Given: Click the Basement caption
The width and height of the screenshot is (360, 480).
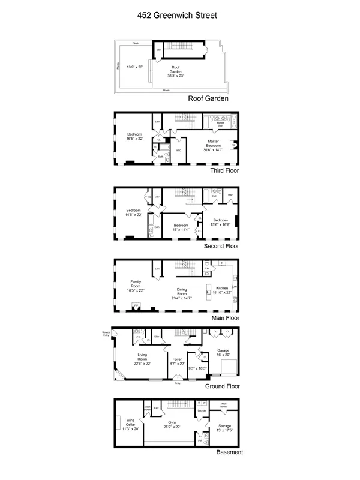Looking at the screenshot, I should click(x=229, y=452).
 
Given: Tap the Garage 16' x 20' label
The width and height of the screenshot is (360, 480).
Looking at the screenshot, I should click(x=223, y=352).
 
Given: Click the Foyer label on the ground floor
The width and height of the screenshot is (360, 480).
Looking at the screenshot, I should click(x=177, y=361).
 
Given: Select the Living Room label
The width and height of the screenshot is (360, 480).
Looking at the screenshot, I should click(x=142, y=359).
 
